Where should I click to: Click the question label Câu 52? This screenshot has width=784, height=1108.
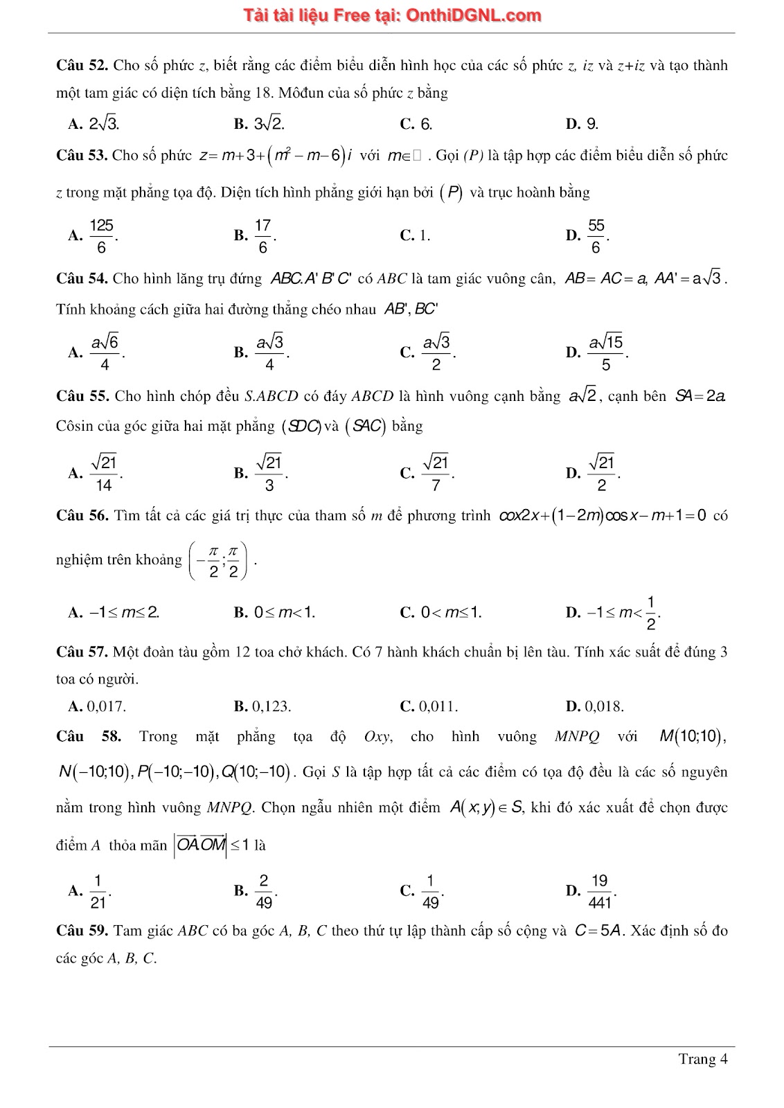(x=82, y=66)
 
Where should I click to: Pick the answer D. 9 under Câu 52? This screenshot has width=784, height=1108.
(x=582, y=124)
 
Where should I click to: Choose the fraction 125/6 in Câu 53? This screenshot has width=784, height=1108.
(x=102, y=236)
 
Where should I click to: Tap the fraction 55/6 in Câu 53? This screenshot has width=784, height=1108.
(x=596, y=236)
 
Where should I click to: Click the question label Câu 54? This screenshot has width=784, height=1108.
(x=82, y=278)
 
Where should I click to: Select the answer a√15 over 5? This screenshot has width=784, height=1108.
(x=606, y=352)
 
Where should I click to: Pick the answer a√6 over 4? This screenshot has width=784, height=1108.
(x=105, y=352)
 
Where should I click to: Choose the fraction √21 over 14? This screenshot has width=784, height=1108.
(x=104, y=473)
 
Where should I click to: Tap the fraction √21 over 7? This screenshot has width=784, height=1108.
(x=436, y=473)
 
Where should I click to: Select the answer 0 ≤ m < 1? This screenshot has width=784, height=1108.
(x=284, y=612)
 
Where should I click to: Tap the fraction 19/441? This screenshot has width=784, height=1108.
(x=600, y=891)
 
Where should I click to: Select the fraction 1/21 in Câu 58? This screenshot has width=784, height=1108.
(x=98, y=891)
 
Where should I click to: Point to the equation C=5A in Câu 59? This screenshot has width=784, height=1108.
(x=600, y=931)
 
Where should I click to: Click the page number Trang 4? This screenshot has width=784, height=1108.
(x=702, y=1059)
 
